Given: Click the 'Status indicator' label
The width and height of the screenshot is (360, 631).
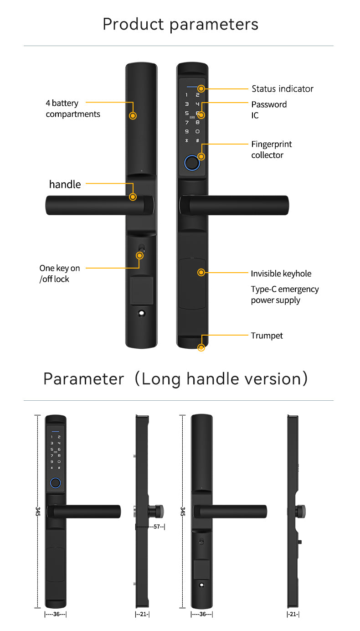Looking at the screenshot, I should pyautogui.click(x=282, y=88).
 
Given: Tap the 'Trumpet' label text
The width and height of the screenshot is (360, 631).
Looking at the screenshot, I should pyautogui.click(x=267, y=336).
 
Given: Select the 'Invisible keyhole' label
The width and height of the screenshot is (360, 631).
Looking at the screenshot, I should pyautogui.click(x=281, y=274).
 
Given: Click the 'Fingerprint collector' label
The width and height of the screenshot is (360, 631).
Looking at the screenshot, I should pyautogui.click(x=271, y=150).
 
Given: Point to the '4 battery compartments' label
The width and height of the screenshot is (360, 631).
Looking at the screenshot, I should pyautogui.click(x=72, y=109).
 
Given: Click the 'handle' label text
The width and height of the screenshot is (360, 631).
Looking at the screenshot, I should pyautogui.click(x=65, y=184).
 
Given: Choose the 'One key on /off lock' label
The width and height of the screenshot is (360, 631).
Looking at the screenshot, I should pyautogui.click(x=59, y=274).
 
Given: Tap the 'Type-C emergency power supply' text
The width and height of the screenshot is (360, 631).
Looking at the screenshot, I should pyautogui.click(x=284, y=295).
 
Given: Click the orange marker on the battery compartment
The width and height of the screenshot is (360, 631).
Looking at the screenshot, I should pyautogui.click(x=133, y=116).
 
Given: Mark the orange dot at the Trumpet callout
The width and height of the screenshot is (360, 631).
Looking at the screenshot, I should pyautogui.click(x=201, y=348).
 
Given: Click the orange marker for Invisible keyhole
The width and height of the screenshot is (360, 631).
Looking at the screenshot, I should pyautogui.click(x=201, y=272).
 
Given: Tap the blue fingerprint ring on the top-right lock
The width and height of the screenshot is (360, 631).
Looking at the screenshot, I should pyautogui.click(x=192, y=163).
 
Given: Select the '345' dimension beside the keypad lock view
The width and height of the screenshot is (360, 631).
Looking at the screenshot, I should pyautogui.click(x=37, y=511).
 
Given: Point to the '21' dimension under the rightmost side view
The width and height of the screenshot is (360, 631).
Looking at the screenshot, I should pyautogui.click(x=293, y=614).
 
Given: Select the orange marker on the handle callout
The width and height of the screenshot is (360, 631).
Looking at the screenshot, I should pyautogui.click(x=133, y=197).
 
